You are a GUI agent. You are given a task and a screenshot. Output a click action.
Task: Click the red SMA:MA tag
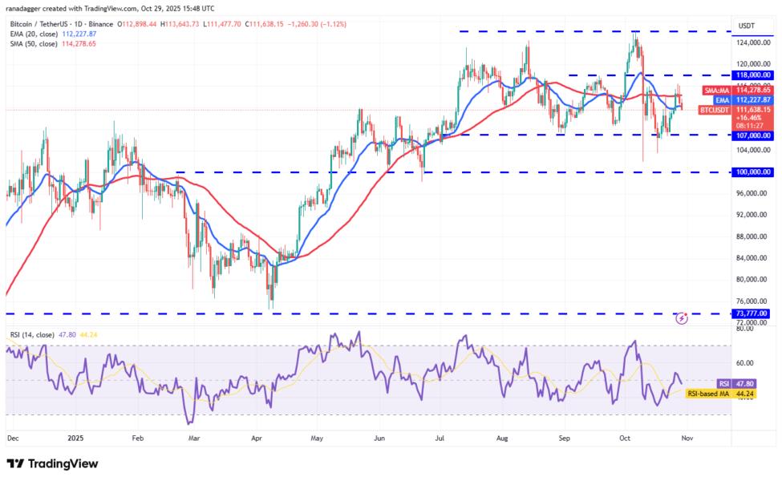pyautogui.click(x=715, y=91)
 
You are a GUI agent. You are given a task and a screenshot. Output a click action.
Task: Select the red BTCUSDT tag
pyautogui.click(x=714, y=110)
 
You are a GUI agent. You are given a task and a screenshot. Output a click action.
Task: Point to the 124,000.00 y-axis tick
pyautogui.click(x=754, y=42)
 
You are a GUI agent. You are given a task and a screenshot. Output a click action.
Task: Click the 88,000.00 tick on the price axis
pyautogui.click(x=754, y=236)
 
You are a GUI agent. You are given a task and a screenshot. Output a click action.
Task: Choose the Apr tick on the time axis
pyautogui.click(x=257, y=439)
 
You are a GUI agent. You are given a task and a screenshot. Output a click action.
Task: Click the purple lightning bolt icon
pyautogui.click(x=682, y=318)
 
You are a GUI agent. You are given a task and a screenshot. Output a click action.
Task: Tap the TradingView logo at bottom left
pyautogui.click(x=52, y=463)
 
